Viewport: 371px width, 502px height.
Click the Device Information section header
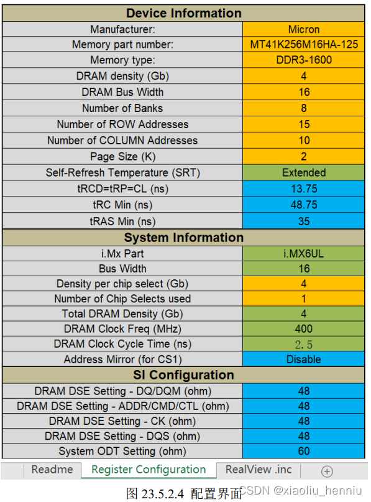[x=184, y=13]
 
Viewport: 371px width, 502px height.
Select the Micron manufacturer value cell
[x=304, y=29]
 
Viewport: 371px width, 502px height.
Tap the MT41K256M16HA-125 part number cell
[x=304, y=45]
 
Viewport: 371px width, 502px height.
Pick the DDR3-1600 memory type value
[x=304, y=60]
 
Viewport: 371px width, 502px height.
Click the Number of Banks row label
[x=122, y=108]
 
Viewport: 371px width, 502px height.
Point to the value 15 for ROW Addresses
[x=304, y=124]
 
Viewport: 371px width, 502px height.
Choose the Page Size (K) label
[x=122, y=157]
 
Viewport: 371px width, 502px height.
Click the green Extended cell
[x=304, y=172]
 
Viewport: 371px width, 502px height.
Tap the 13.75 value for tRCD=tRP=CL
[x=304, y=188]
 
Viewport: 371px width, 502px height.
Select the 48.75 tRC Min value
[x=304, y=205]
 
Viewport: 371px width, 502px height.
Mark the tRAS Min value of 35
[x=304, y=221]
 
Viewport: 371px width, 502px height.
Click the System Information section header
[x=184, y=238]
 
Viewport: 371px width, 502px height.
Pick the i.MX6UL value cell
[x=304, y=254]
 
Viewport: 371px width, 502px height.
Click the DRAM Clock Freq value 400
[x=304, y=328]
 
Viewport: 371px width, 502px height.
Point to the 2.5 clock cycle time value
[x=304, y=344]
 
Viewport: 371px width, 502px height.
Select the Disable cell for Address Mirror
[x=304, y=360]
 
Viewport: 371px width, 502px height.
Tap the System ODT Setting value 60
[x=304, y=451]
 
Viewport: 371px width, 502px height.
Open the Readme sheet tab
[x=52, y=470]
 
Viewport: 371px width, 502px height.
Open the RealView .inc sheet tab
[x=259, y=470]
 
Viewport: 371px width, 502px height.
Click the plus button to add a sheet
[x=327, y=472]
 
